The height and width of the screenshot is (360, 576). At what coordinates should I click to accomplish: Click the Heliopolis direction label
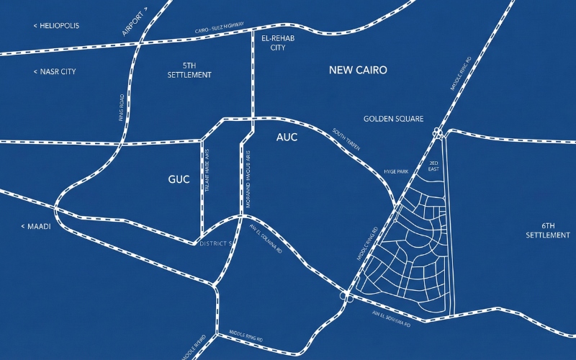pyautogui.click(x=56, y=26)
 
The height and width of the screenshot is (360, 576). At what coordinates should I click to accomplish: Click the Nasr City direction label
pyautogui.click(x=55, y=72)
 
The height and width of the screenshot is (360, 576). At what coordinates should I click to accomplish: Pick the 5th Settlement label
pyautogui.click(x=189, y=70)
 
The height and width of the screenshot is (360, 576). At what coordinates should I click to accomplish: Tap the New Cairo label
pyautogui.click(x=358, y=70)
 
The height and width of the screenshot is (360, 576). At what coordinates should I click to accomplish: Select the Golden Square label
pyautogui.click(x=393, y=119)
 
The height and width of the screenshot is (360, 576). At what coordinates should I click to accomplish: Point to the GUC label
pyautogui.click(x=179, y=179)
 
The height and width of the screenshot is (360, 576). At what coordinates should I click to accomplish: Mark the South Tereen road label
pyautogui.click(x=347, y=140)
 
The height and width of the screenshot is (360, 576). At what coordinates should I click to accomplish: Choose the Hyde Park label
pyautogui.click(x=396, y=172)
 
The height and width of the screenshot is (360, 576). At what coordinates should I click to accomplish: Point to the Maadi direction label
pyautogui.click(x=36, y=227)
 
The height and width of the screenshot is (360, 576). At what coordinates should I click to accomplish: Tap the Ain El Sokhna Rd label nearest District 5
pyautogui.click(x=265, y=240)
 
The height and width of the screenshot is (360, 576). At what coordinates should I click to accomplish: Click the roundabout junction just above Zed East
pyautogui.click(x=438, y=132)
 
